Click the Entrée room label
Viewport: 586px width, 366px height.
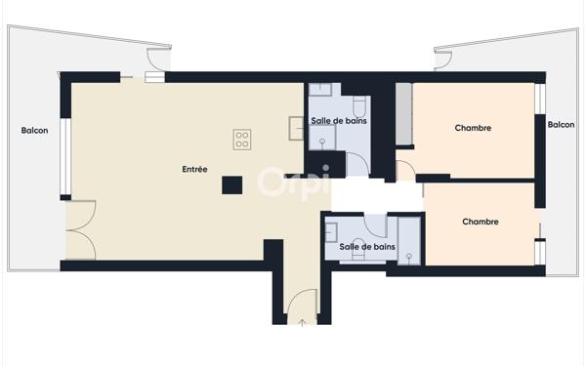point(194,169)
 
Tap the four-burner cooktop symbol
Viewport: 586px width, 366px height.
point(242,140)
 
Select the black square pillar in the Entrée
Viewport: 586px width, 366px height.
point(231,185)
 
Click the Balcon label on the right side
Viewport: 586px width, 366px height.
point(561,124)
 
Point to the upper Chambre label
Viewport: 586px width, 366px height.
point(473,128)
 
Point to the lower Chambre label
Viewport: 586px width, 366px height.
point(480,222)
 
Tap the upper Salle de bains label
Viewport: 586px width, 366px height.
point(339,120)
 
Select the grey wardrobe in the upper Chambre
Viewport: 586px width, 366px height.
point(402,115)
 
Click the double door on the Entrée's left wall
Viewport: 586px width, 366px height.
point(80,230)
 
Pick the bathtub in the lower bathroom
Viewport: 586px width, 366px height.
point(408,239)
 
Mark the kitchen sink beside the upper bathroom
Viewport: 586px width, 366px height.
point(296,126)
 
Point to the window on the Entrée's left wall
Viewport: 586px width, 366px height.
point(64,156)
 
